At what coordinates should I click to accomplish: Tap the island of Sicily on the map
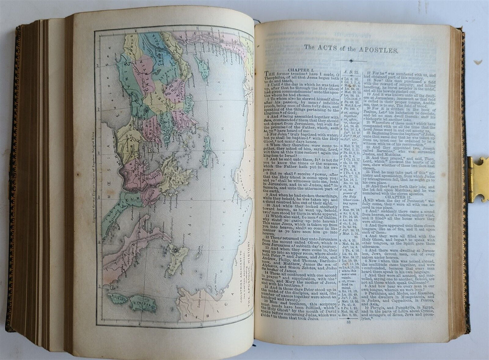pos(178,256)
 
